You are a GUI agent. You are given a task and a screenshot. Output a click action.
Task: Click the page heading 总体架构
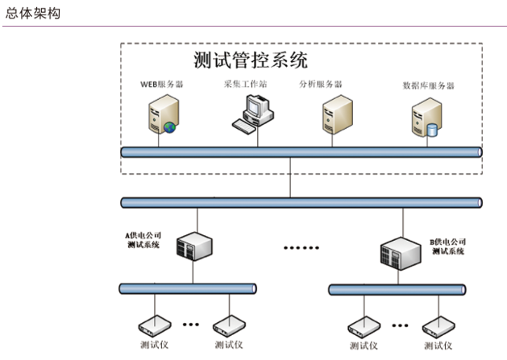point(31,14)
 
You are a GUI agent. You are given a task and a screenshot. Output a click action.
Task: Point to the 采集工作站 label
point(245,83)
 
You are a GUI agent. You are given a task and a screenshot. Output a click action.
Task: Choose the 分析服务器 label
point(320,83)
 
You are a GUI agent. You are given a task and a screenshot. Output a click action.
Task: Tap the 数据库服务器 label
point(428,85)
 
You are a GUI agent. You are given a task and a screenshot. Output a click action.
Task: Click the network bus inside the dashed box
point(301,151)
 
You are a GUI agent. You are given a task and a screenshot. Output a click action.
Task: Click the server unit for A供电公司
point(193,244)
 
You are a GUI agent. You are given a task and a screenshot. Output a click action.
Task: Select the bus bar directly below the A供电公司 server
point(188,288)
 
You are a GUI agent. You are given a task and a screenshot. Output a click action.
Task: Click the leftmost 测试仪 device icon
point(152,326)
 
